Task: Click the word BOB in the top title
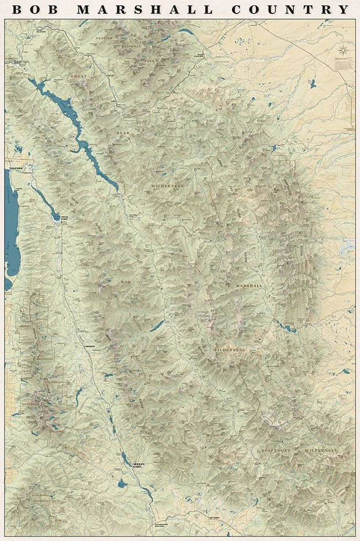[x=36, y=10]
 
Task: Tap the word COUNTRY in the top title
[x=291, y=10]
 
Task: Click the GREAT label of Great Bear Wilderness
[x=78, y=76]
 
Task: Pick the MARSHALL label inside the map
[x=249, y=286]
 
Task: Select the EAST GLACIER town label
[x=200, y=56]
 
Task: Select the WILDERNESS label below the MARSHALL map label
[x=229, y=350]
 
